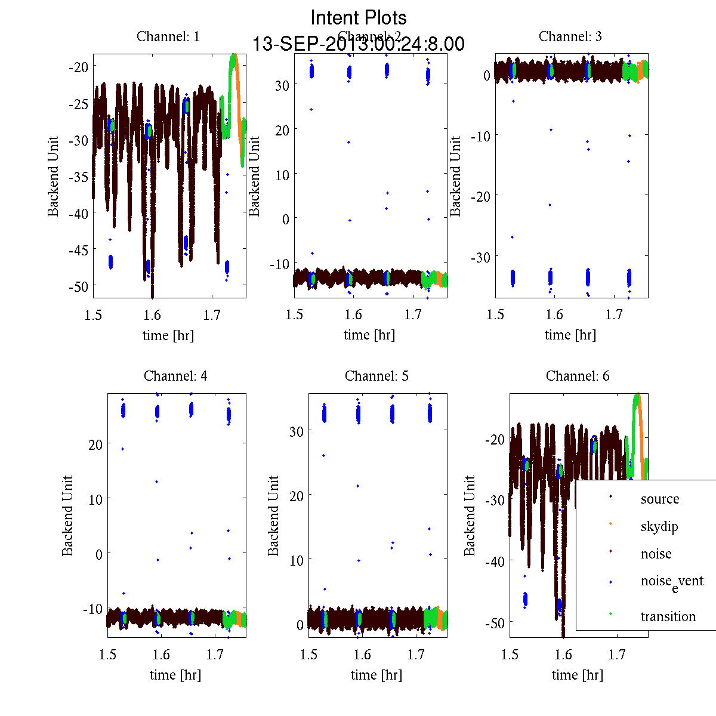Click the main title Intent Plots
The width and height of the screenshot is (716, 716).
click(x=359, y=17)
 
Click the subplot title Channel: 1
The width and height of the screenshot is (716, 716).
click(x=168, y=36)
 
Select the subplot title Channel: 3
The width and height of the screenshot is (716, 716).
click(x=570, y=36)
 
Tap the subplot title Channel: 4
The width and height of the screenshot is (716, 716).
click(x=175, y=376)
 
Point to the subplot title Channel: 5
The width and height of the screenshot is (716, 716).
click(x=376, y=376)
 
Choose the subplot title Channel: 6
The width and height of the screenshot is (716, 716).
click(x=578, y=376)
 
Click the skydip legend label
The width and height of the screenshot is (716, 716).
click(x=659, y=526)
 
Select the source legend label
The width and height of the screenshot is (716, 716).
click(x=660, y=499)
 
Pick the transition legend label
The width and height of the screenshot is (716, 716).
click(x=668, y=616)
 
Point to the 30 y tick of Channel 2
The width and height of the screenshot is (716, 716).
click(x=282, y=85)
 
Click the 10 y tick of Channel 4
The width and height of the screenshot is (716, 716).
click(x=95, y=499)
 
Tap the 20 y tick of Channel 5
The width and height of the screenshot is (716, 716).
click(x=297, y=496)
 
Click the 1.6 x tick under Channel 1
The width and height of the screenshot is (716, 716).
click(x=152, y=316)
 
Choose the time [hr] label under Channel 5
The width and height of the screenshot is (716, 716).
click(x=376, y=675)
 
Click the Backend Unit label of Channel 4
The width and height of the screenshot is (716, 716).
click(x=68, y=516)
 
